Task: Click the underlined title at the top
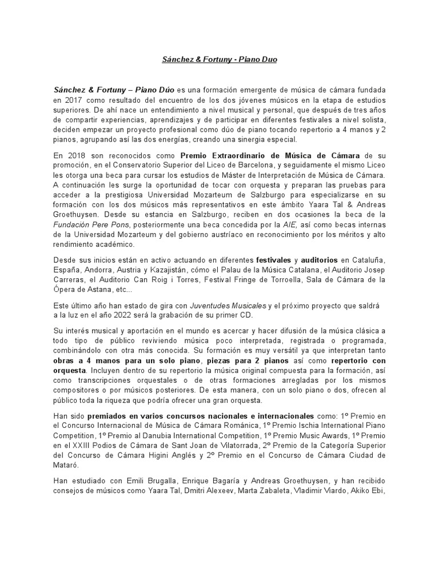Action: click(219, 59)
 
